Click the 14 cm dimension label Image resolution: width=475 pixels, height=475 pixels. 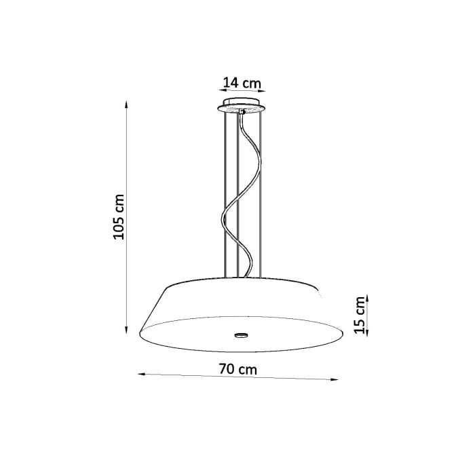[242, 83]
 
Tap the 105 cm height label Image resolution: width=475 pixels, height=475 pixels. [119, 217]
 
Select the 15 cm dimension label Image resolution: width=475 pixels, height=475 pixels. [360, 315]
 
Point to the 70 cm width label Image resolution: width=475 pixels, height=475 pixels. [237, 369]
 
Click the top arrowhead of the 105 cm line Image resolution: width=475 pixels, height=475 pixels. [126, 104]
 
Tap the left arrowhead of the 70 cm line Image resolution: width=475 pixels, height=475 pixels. [142, 374]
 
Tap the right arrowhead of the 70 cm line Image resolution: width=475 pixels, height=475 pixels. [334, 379]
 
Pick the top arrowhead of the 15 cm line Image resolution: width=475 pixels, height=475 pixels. [367, 298]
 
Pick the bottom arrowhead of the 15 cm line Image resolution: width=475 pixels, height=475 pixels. [367, 332]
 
